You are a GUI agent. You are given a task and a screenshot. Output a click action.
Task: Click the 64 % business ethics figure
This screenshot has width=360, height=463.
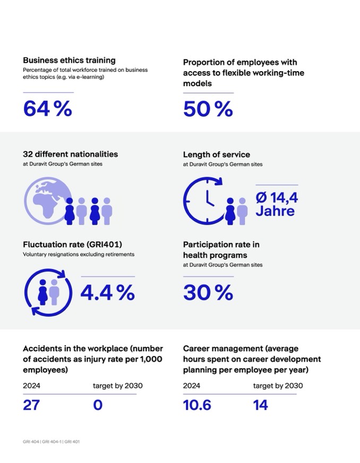click(47, 109)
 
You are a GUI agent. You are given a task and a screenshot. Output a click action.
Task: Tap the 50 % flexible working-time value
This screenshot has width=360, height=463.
click(208, 109)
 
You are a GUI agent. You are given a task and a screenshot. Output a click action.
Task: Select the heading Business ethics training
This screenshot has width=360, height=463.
click(69, 61)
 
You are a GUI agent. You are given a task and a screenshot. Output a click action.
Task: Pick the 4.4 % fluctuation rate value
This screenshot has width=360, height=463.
click(107, 293)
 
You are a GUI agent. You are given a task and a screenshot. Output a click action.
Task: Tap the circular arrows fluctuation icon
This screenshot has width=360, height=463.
click(46, 293)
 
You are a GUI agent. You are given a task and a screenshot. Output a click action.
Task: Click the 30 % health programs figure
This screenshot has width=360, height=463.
click(208, 293)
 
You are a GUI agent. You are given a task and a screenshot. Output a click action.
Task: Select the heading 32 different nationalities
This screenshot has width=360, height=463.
click(70, 154)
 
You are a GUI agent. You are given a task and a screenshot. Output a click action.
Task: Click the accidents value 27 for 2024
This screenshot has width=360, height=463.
click(31, 405)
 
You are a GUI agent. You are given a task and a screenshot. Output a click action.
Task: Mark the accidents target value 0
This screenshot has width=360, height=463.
click(98, 405)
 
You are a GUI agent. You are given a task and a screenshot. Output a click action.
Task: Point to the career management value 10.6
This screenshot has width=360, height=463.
click(197, 405)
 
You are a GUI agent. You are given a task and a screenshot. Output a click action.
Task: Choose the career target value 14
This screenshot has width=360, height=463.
click(261, 405)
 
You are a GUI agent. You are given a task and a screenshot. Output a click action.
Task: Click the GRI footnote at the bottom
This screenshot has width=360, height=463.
click(51, 441)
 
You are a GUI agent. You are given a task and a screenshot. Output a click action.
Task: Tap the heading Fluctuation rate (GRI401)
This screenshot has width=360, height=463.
click(72, 245)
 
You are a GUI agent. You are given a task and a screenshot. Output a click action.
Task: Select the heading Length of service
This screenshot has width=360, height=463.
click(216, 155)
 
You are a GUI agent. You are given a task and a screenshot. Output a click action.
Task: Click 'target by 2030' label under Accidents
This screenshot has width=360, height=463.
click(117, 385)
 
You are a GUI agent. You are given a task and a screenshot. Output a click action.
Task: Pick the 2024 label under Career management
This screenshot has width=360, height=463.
click(191, 385)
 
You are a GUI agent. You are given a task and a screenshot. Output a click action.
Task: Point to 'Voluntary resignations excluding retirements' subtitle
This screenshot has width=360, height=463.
click(79, 254)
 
